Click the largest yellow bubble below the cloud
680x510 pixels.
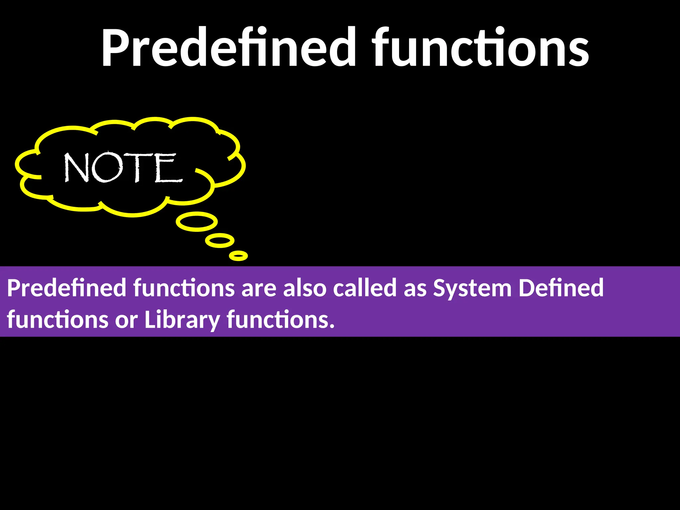tap(197, 222)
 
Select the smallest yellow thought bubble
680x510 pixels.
tap(238, 256)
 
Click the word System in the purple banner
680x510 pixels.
tap(472, 288)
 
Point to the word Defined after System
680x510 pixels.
tap(561, 288)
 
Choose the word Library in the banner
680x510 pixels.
tap(182, 319)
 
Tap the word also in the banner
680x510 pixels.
tap(305, 288)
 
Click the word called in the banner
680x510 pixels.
tap(365, 288)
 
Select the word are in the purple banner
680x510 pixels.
tap(259, 289)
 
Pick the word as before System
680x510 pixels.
tap(415, 289)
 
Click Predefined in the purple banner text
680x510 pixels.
tap(67, 288)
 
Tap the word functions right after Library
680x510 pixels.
tap(280, 319)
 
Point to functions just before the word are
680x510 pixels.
tap(184, 288)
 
